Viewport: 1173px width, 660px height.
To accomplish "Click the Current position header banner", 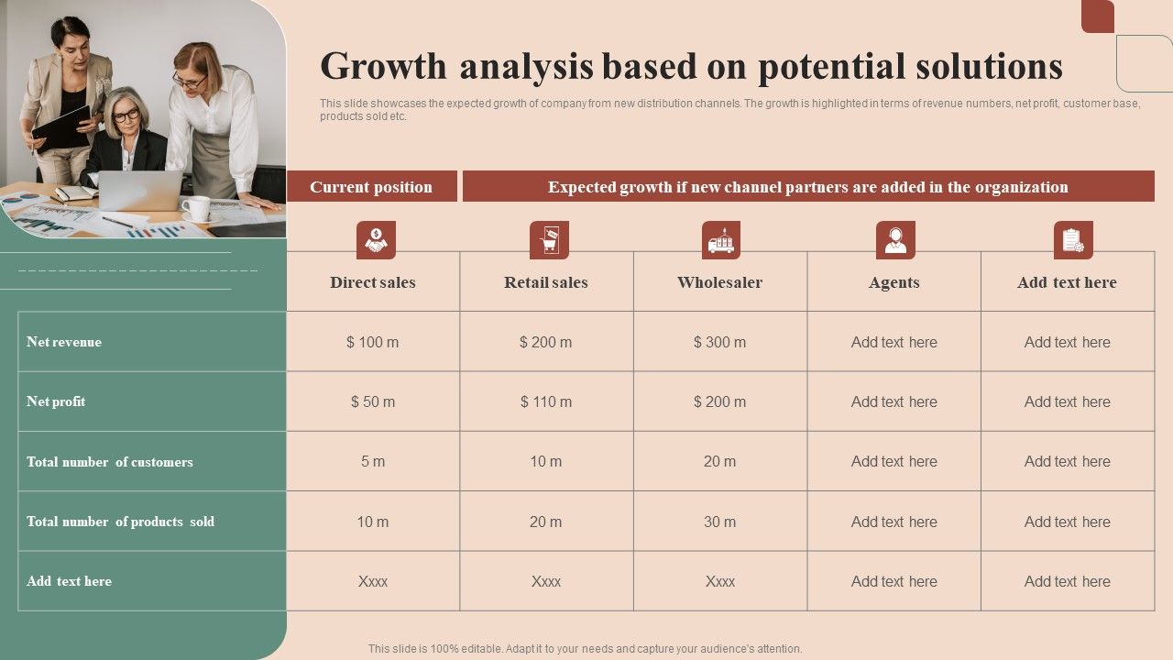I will point(371,187).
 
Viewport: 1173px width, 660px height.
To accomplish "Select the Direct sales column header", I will point(373,282).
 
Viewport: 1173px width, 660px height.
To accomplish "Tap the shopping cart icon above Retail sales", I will point(549,240).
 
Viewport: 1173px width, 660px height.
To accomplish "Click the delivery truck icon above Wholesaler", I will point(721,240).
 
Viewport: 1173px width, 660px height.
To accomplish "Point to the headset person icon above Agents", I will point(895,240).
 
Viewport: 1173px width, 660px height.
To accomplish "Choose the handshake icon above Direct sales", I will point(376,240).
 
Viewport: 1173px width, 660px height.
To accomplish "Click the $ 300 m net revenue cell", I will point(719,342).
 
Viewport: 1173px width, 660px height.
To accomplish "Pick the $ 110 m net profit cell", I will point(546,401).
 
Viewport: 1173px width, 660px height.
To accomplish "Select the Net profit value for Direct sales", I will point(373,401).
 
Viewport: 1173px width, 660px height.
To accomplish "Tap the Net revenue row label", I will point(64,342).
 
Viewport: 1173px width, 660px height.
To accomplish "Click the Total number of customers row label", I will point(110,462).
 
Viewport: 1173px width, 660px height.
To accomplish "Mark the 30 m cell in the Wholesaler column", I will point(719,522).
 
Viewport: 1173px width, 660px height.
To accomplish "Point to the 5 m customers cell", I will point(373,462).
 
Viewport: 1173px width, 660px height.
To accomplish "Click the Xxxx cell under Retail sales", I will point(546,581).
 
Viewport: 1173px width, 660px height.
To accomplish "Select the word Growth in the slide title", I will point(384,67).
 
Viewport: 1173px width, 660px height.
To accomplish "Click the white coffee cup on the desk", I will point(196,208).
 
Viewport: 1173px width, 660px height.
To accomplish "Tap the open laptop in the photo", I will point(139,190).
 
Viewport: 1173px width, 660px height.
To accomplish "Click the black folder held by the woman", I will point(62,127).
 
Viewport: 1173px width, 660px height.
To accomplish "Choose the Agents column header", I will point(894,282).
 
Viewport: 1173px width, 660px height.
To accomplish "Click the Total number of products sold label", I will point(120,522).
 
